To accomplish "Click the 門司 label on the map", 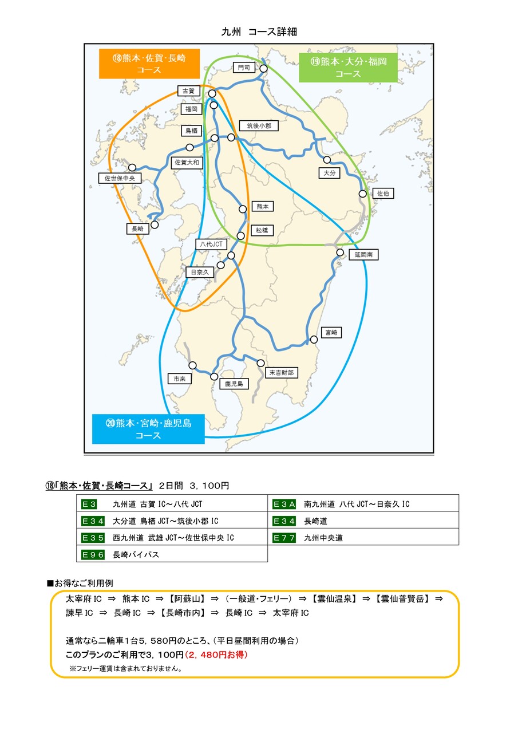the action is click(x=244, y=68).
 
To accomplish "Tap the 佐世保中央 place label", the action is click(x=120, y=179).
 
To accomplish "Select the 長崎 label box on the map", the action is click(x=137, y=229).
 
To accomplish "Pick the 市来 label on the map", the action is click(x=179, y=379).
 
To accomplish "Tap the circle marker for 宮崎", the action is click(x=314, y=340).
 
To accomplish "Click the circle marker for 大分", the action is click(x=327, y=160).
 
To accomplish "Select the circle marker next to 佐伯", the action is click(x=362, y=194).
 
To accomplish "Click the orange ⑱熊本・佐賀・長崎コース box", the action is click(x=149, y=64).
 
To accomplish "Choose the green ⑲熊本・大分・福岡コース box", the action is click(x=348, y=67).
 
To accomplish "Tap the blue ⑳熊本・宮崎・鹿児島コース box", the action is click(x=148, y=429).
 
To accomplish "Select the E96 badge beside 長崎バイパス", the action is click(x=93, y=554).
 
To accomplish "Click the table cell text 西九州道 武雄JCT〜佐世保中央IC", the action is click(x=173, y=538).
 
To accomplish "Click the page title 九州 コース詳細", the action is click(x=259, y=32).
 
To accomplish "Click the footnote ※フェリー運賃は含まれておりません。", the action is click(x=125, y=668).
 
